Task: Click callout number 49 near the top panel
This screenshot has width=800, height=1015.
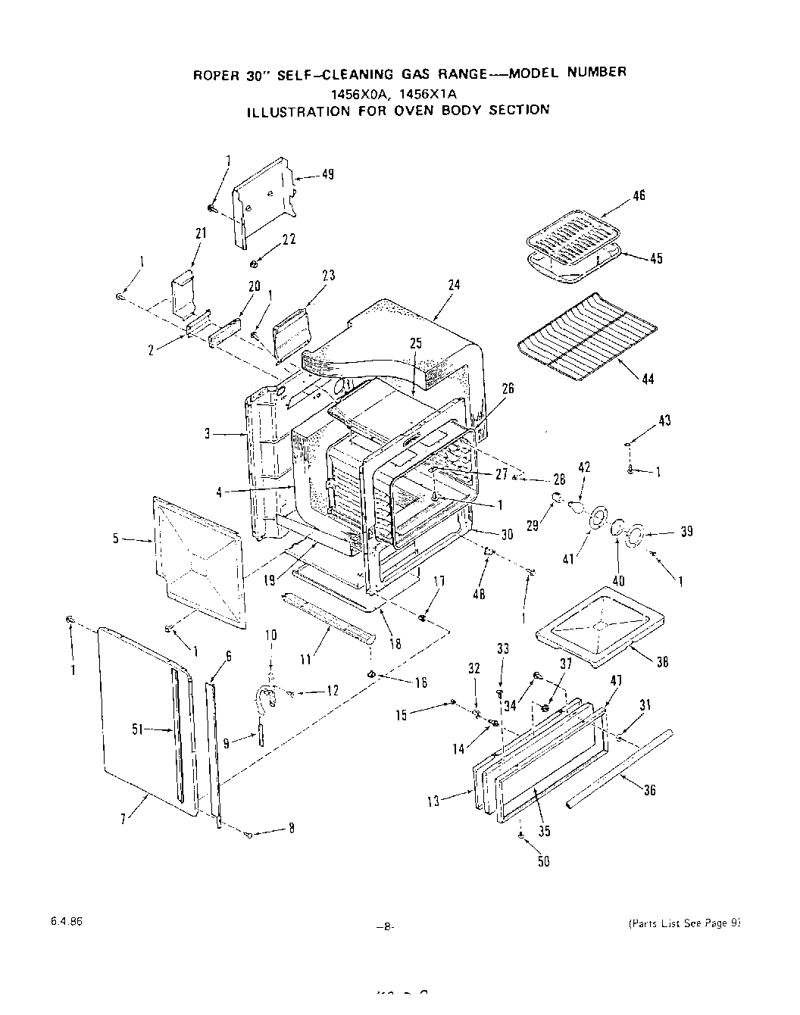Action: pyautogui.click(x=327, y=175)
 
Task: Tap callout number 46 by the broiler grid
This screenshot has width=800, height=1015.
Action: pyautogui.click(x=639, y=196)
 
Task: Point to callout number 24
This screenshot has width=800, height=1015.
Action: pyautogui.click(x=454, y=286)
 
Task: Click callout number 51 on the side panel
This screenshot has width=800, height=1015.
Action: pyautogui.click(x=137, y=729)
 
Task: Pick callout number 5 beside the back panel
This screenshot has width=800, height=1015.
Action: pyautogui.click(x=116, y=539)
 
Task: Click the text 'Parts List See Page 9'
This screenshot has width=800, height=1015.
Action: pyautogui.click(x=683, y=923)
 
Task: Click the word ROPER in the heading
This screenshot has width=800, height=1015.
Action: pyautogui.click(x=216, y=75)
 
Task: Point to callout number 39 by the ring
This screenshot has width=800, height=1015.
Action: pyautogui.click(x=686, y=532)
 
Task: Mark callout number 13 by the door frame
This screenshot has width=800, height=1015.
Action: pyautogui.click(x=433, y=801)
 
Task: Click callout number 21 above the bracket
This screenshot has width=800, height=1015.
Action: pyautogui.click(x=200, y=234)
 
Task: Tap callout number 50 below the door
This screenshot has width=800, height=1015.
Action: pyautogui.click(x=543, y=861)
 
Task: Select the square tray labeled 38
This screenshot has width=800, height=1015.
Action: pyautogui.click(x=598, y=625)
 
